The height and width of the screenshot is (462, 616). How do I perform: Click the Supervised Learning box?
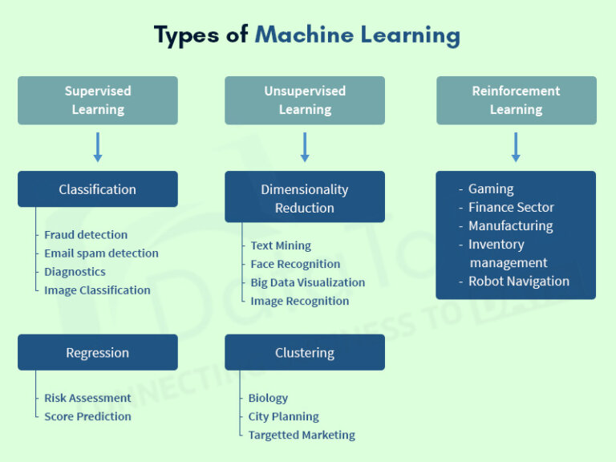point(98,100)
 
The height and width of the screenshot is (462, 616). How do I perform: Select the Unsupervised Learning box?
point(305,100)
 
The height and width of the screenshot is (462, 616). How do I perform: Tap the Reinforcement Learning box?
point(516,100)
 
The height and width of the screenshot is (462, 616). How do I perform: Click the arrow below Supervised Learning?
point(98,148)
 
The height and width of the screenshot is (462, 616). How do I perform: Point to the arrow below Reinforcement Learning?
point(516,148)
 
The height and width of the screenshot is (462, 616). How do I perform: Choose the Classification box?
point(98,189)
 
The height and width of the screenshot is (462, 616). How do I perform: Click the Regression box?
point(98,353)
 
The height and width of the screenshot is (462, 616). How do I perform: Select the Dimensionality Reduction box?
point(305,198)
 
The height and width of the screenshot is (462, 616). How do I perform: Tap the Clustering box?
point(305,353)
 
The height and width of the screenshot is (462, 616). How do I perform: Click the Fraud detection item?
point(86,235)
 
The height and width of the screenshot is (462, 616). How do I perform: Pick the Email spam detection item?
point(101,253)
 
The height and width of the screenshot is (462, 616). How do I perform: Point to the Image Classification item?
point(97,290)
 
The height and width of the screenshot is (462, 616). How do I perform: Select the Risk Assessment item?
point(87,398)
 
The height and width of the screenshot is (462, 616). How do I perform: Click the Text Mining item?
point(281,245)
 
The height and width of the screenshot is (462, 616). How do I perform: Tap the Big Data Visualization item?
point(307,282)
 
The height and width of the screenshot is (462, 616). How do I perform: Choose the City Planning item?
point(283,416)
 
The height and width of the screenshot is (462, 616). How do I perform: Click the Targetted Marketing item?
point(302,435)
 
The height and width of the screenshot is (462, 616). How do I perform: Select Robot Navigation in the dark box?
point(519,282)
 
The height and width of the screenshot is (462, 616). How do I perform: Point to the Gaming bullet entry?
point(491,189)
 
